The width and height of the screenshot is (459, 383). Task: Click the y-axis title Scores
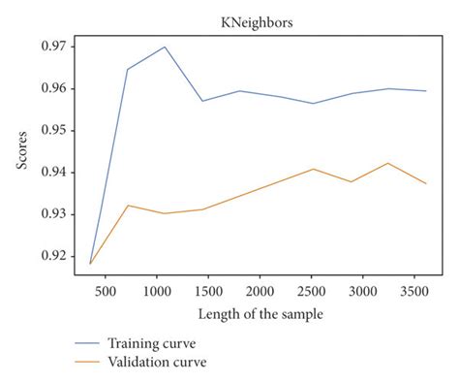tap(20, 150)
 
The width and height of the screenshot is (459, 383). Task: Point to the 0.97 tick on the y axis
tap(48, 47)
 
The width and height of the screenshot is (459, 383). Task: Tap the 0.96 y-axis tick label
tap(48, 88)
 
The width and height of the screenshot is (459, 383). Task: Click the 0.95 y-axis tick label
tap(48, 130)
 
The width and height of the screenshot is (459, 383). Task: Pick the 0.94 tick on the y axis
tap(48, 173)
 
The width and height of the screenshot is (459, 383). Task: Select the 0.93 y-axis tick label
tap(48, 214)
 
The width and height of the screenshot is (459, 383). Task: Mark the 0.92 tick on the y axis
tap(48, 256)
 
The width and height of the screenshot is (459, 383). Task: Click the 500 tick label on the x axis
tap(106, 289)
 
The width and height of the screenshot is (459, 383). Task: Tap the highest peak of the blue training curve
tap(166, 47)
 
